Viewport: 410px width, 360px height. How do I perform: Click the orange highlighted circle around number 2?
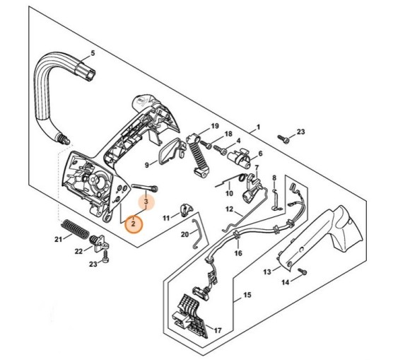click(x=133, y=223)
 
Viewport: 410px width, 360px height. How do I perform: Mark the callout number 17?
click(x=218, y=330)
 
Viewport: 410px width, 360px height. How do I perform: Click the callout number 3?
click(x=146, y=202)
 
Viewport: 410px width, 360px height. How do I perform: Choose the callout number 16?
click(x=238, y=252)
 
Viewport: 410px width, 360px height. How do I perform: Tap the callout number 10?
click(x=228, y=193)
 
